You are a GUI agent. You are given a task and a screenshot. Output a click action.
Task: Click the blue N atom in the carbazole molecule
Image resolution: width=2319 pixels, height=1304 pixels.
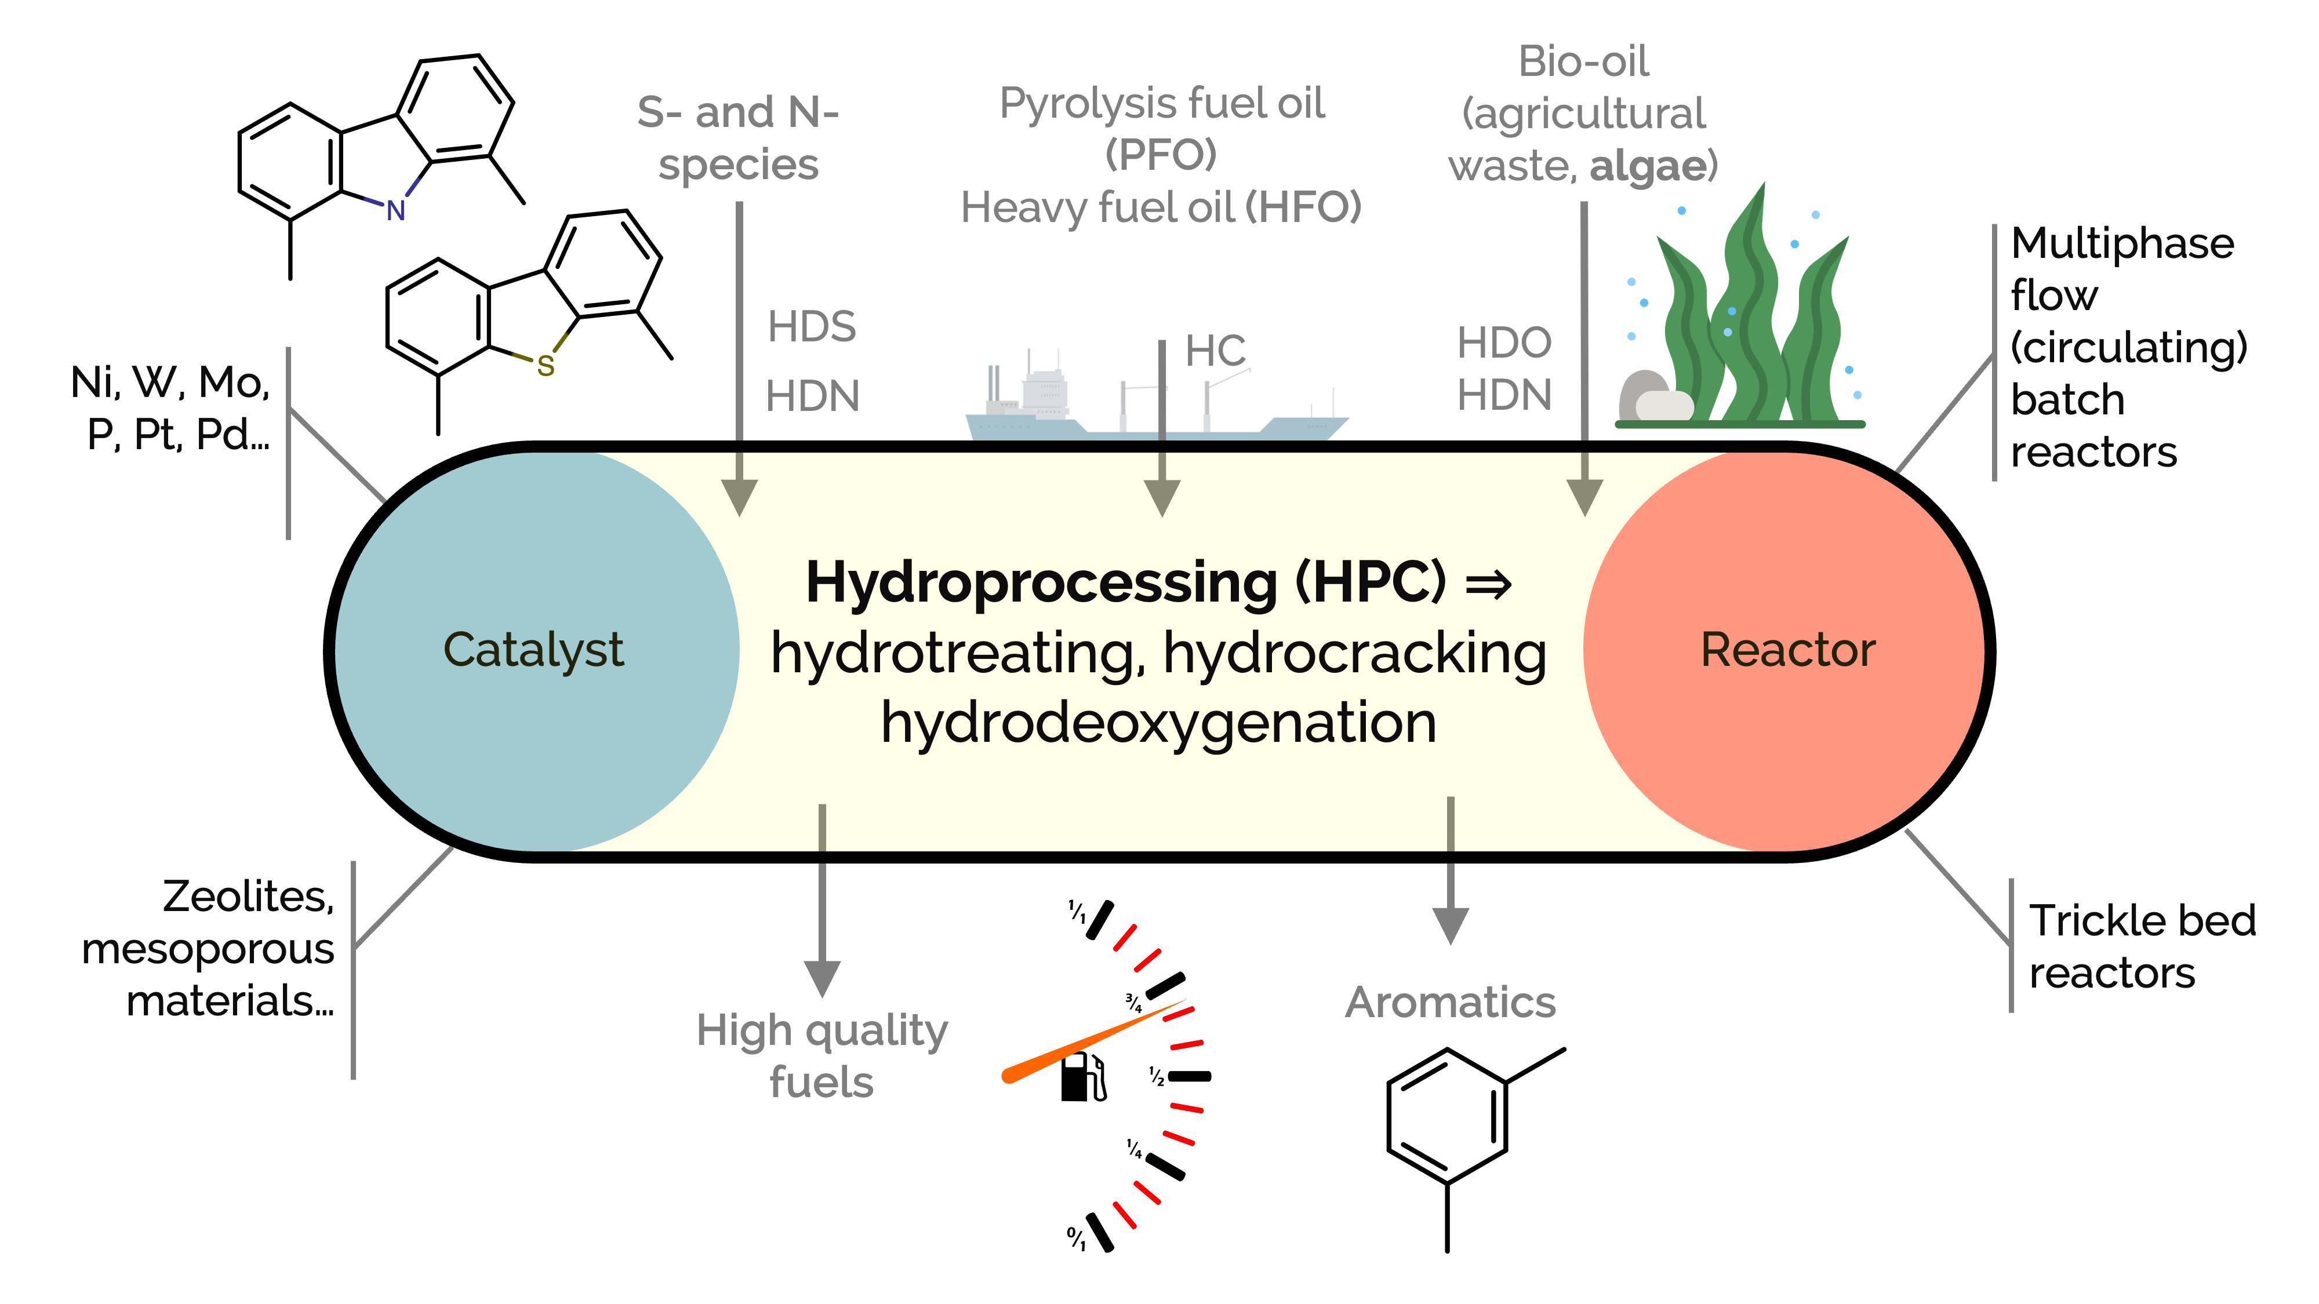[396, 210]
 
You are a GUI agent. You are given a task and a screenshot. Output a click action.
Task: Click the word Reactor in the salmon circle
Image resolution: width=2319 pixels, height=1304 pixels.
[1788, 650]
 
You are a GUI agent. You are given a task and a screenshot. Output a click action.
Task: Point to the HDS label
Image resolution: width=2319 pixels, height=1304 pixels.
[811, 327]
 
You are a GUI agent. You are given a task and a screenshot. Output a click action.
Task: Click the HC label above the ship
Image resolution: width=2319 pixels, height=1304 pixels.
[1215, 351]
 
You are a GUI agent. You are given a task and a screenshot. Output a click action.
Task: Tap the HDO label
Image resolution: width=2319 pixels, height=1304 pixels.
[1504, 343]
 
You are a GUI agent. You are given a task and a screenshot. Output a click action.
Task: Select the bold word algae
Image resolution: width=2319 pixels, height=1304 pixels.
[1648, 166]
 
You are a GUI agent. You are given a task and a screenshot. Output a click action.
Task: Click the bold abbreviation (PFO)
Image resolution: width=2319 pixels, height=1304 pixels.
[1161, 155]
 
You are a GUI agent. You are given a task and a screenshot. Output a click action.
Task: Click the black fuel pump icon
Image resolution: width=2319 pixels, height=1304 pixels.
[1082, 1077]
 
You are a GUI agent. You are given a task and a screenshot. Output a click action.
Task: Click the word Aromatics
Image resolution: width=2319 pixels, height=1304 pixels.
[1451, 1003]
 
